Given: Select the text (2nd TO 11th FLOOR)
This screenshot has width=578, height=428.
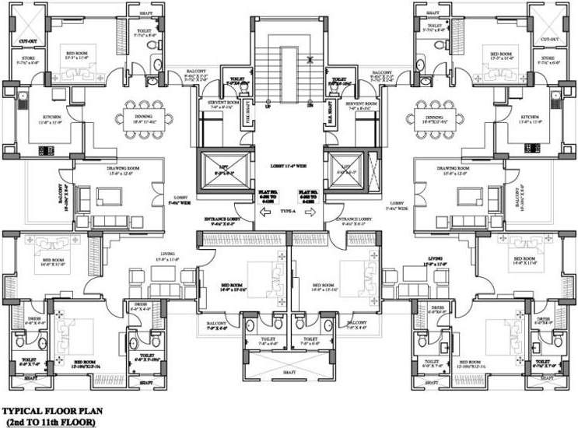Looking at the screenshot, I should [x=49, y=421].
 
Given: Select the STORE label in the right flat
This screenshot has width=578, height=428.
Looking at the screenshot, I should [x=548, y=58].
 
